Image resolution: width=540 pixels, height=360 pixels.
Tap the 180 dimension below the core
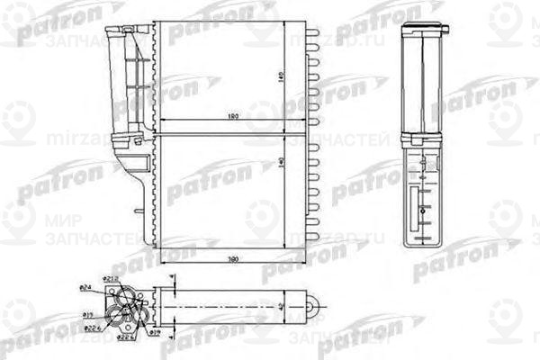pyautogui.click(x=232, y=259)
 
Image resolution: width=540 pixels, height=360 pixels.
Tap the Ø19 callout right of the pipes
pyautogui.click(x=154, y=332)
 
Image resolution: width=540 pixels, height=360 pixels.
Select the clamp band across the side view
pyautogui.click(x=422, y=140)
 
